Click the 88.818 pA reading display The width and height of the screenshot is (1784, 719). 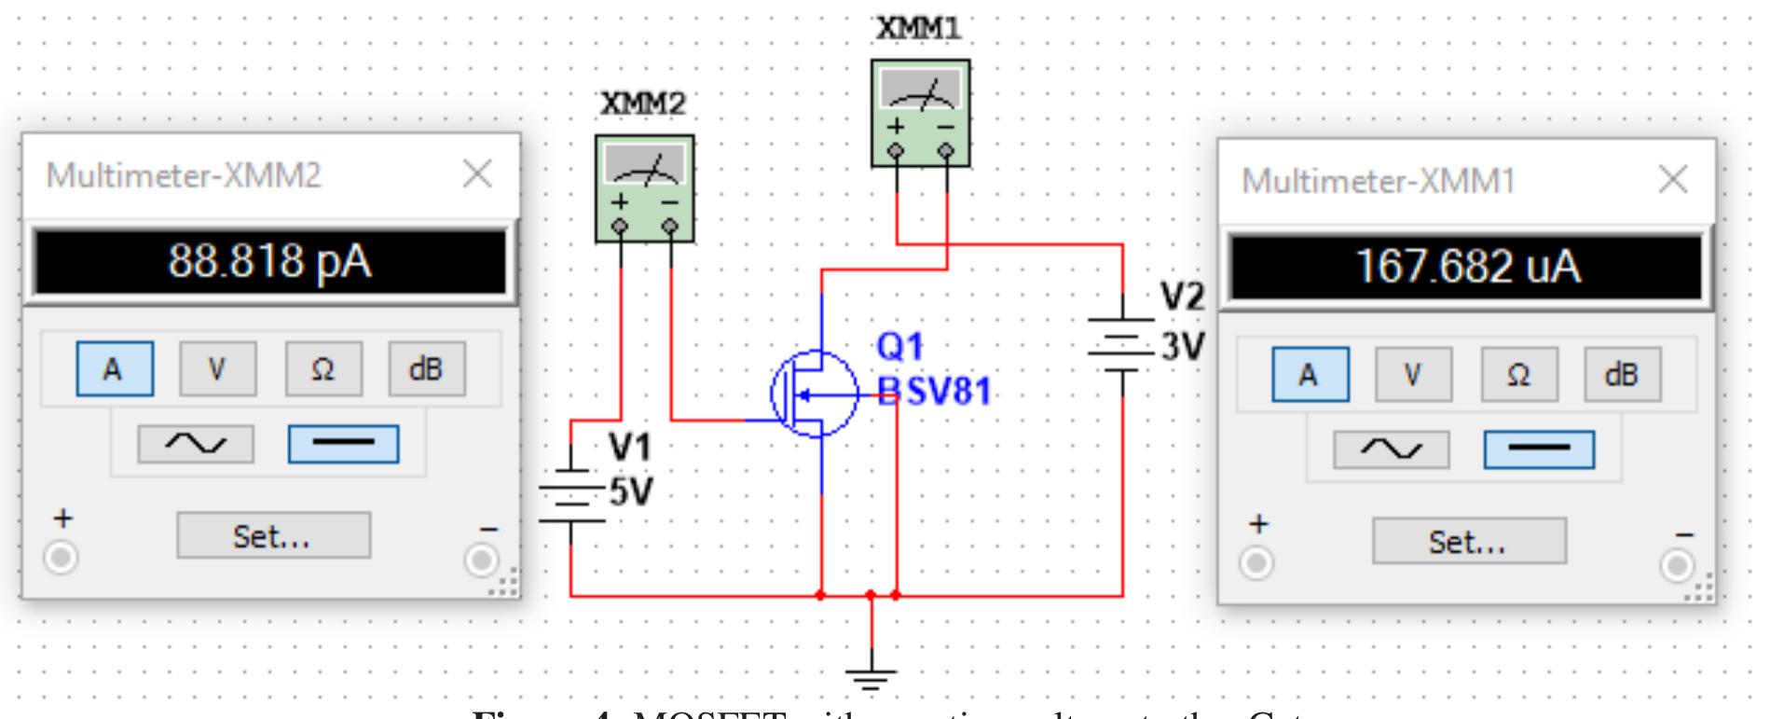click(269, 262)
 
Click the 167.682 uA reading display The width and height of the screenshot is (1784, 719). click(1466, 267)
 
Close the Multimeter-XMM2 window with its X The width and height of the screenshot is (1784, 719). click(477, 173)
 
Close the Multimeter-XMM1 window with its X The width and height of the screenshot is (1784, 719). click(1673, 179)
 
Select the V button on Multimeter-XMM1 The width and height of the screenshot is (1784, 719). click(1413, 375)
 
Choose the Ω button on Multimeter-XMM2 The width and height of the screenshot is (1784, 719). click(322, 369)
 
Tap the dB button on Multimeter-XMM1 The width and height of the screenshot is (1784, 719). click(1622, 375)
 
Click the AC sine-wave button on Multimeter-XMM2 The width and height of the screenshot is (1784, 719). click(196, 444)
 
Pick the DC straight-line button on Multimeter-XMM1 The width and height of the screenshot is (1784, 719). click(1539, 449)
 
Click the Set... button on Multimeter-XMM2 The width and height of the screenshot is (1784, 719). click(273, 535)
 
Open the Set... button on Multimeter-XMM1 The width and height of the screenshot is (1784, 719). click(1469, 541)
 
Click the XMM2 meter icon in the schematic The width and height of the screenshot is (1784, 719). click(645, 187)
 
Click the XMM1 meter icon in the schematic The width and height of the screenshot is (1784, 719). click(920, 113)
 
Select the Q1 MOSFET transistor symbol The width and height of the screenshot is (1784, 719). click(814, 394)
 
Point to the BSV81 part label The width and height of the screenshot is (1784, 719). click(934, 393)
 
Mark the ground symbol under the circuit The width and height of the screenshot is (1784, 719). click(871, 678)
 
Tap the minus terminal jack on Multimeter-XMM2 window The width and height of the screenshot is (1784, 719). click(482, 560)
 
